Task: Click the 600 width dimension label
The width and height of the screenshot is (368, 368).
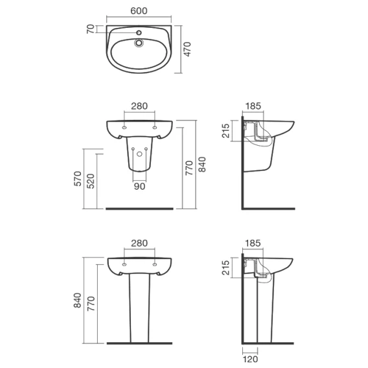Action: (x=139, y=11)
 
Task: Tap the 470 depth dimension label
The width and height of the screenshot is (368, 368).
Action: (x=187, y=49)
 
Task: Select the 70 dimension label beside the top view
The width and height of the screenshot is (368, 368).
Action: (x=91, y=29)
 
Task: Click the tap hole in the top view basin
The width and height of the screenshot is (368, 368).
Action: (x=139, y=32)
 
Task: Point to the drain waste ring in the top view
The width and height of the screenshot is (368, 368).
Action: (x=139, y=43)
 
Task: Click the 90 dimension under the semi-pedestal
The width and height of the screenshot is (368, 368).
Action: (x=139, y=187)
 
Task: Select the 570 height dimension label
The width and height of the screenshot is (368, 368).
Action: (x=78, y=179)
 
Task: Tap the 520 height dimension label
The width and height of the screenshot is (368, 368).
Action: (x=91, y=181)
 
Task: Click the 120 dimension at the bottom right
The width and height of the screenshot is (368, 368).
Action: (x=251, y=359)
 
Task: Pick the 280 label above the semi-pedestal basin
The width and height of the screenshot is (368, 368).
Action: (x=139, y=106)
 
